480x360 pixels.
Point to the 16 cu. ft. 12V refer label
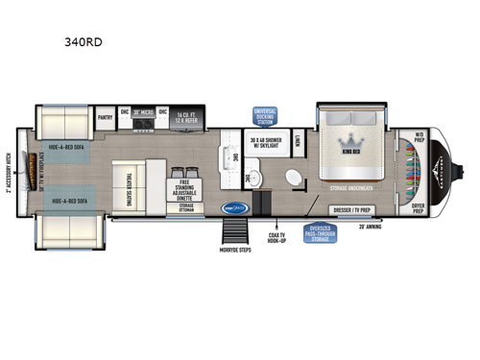[183, 117]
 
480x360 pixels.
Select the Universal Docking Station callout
[265, 115]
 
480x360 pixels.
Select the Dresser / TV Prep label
[350, 209]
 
